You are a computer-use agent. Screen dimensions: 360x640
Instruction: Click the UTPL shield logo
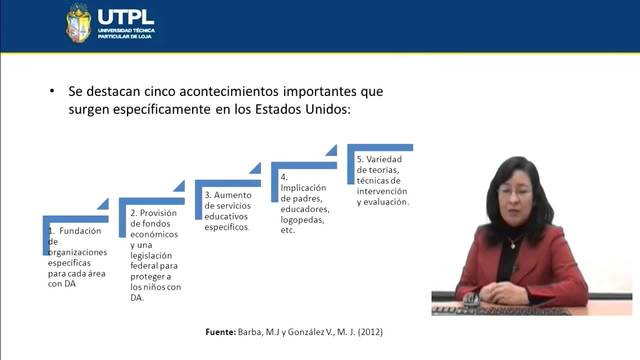pyautogui.click(x=78, y=23)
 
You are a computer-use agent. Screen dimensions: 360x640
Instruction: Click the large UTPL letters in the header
pyautogui.click(x=125, y=16)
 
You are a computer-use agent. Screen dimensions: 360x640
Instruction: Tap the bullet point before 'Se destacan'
pyautogui.click(x=53, y=91)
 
